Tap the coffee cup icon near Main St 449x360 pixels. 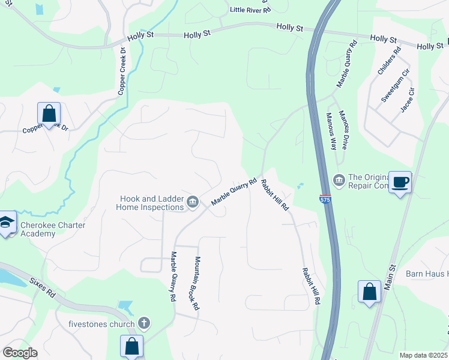(x=400, y=182)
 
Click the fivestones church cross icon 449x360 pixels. (x=143, y=323)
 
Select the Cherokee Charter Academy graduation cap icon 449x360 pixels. (x=7, y=223)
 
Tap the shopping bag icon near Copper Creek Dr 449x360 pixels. (x=49, y=113)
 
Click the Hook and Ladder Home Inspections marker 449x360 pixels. (x=193, y=201)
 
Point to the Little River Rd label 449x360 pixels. (x=247, y=10)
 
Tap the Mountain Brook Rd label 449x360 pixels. (x=196, y=283)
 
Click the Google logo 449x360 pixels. (x=20, y=353)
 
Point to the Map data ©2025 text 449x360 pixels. (x=423, y=355)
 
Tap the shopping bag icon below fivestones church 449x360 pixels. (x=131, y=346)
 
